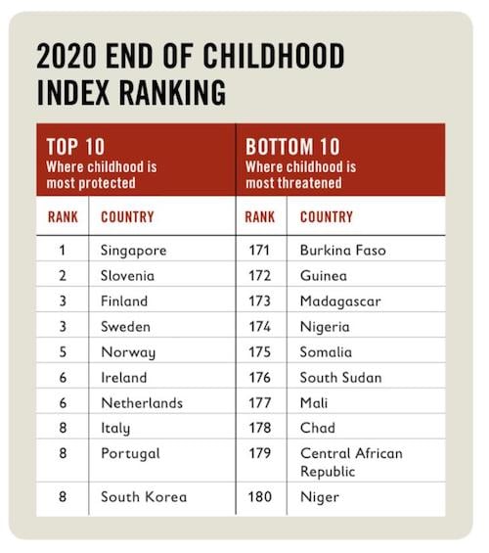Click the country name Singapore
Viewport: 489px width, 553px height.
[134, 252]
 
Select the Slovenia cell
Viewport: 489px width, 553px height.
[127, 275]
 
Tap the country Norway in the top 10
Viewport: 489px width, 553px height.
[128, 352]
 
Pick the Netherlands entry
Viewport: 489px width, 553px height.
[142, 402]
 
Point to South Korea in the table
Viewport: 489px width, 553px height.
[144, 497]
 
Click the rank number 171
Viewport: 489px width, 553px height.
[259, 251]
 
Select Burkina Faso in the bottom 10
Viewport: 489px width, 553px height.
[343, 251]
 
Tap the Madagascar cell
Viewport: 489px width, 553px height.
[340, 301]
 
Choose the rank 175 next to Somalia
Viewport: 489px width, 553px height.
[259, 352]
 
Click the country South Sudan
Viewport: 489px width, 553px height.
[340, 378]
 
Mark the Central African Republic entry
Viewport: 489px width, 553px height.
[351, 462]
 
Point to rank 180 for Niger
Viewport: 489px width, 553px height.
[260, 497]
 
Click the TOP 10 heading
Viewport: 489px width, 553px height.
[75, 147]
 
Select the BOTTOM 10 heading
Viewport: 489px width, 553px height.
[292, 147]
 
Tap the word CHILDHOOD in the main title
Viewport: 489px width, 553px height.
[274, 56]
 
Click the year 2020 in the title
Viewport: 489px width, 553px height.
[67, 56]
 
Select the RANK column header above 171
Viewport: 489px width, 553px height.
[259, 217]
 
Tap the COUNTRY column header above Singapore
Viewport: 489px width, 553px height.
[127, 217]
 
